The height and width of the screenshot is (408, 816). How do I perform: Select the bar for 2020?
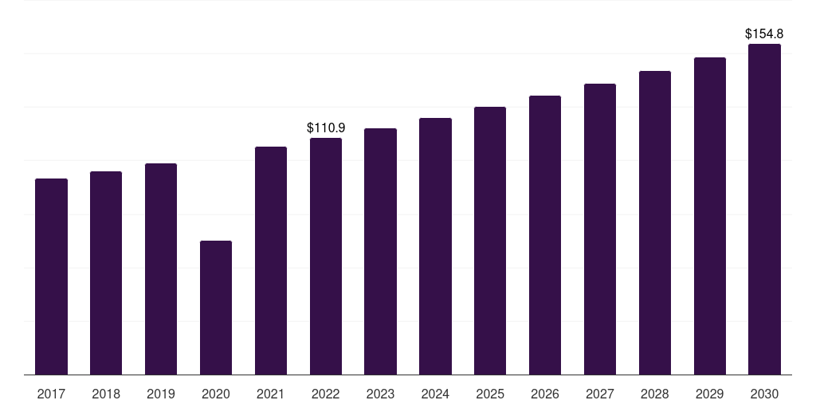pos(216,308)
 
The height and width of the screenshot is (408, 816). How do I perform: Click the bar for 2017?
pos(51,277)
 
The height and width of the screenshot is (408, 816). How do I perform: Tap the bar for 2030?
pos(764,210)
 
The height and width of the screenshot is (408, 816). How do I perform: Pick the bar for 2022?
pos(326,256)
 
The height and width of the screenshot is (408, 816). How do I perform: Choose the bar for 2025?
pos(490,241)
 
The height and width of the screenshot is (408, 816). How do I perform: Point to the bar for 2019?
pos(161,269)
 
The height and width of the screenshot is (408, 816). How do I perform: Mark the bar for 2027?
pos(600,229)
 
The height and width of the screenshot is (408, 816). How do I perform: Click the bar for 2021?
pos(271,261)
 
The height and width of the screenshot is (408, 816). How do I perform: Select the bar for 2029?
pos(710,216)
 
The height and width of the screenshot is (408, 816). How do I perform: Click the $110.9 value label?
pos(326,127)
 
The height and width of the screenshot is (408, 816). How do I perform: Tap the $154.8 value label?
pos(764,33)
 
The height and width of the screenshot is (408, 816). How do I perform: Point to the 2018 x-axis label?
pos(106,394)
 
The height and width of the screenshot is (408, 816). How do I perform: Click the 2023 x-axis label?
pos(380,394)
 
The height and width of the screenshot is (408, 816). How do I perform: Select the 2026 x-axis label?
pos(545,394)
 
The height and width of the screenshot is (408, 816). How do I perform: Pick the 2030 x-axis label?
pos(764,394)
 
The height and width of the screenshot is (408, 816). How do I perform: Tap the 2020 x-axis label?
pos(216,394)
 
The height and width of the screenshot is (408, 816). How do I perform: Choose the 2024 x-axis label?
pos(435,394)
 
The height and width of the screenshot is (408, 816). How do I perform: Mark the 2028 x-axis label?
pos(655,394)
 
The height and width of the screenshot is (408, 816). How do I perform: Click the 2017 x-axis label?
pos(51,394)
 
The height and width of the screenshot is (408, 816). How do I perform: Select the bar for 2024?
pos(435,246)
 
